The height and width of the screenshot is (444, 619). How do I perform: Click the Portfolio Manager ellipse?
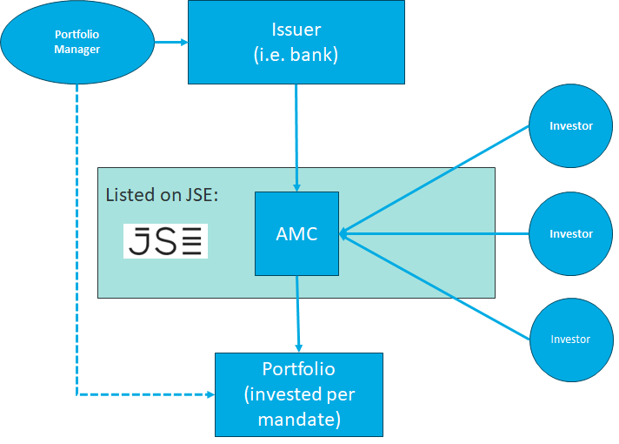click(77, 42)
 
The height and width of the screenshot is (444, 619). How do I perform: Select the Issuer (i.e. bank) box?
click(296, 42)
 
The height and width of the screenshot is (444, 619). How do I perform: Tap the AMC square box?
click(296, 233)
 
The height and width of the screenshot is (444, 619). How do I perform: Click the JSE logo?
click(165, 240)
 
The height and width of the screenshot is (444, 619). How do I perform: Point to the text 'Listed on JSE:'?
click(162, 194)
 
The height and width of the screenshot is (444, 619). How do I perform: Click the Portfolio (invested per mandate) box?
click(299, 394)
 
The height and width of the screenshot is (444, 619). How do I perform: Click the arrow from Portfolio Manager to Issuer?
click(171, 42)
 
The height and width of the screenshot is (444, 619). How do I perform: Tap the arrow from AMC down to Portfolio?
click(298, 313)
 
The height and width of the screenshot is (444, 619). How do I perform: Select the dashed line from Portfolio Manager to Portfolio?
click(77, 261)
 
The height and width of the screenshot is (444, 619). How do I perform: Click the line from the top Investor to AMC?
click(435, 179)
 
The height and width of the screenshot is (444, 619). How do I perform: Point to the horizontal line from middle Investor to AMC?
click(435, 233)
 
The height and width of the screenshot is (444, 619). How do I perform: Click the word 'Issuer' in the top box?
click(296, 31)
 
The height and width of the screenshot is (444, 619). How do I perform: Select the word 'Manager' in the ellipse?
click(77, 50)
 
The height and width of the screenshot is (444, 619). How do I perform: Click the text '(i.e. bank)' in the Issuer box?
click(296, 54)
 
